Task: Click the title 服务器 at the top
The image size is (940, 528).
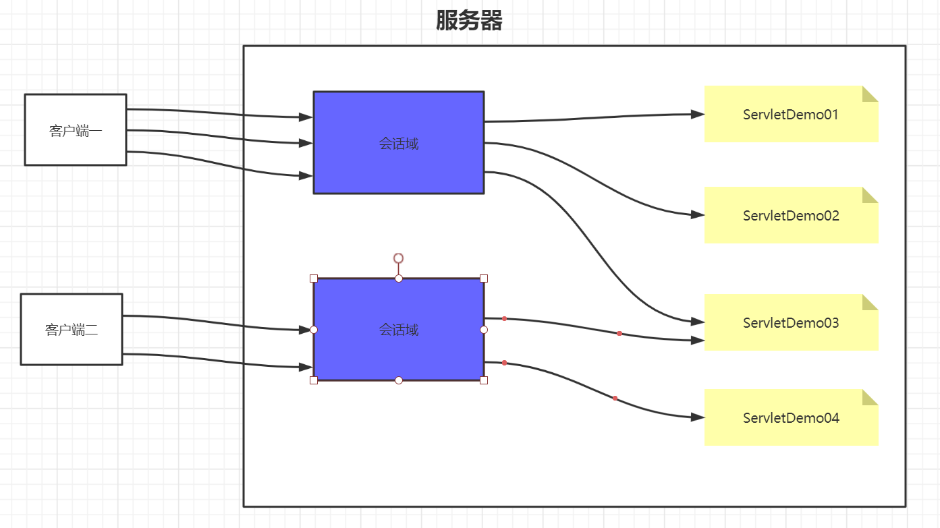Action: tap(469, 21)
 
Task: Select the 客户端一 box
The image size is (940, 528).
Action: tap(76, 130)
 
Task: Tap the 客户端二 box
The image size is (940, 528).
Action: tap(72, 330)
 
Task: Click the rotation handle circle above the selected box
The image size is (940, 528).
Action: tap(399, 258)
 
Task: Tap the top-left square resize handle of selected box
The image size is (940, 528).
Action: tap(314, 278)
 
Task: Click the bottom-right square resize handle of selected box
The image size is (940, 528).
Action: tap(484, 380)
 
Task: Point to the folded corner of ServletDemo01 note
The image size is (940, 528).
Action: tap(871, 93)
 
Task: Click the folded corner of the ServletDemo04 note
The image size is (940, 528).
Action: tap(871, 397)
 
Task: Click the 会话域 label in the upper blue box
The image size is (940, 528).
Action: tap(399, 144)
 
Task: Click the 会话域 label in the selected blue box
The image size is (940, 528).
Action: tap(399, 330)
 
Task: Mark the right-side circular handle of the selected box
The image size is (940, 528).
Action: tap(484, 330)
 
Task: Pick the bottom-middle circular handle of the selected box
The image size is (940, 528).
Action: tap(399, 380)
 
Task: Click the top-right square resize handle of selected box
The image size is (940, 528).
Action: tap(484, 278)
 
